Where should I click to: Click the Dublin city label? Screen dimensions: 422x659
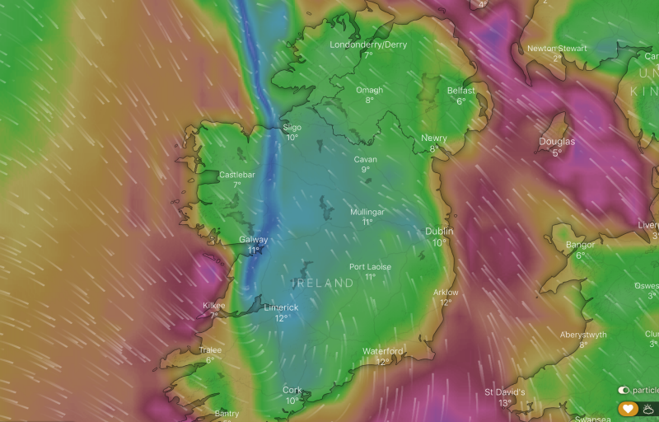439,232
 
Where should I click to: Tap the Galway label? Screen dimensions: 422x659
253,240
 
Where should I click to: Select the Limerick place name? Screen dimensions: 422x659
281,307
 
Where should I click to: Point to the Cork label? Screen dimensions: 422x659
292,390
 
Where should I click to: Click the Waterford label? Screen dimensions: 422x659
383,351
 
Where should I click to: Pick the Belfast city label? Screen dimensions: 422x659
460,90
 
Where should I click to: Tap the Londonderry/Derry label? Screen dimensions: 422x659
368,45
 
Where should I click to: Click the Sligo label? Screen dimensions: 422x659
292,127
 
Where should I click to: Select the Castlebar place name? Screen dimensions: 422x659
237,175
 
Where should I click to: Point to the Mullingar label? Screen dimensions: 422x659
367,212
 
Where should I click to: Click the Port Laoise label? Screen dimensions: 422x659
370,267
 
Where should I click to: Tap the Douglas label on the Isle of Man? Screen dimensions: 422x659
557,142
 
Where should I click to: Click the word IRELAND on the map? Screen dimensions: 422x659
324,283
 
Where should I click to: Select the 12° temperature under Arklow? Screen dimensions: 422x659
446,302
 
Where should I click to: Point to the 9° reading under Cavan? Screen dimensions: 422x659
366,170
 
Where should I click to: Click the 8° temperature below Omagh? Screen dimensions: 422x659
369,101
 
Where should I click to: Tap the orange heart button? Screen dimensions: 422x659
628,408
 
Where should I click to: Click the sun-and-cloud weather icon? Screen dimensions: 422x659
649,408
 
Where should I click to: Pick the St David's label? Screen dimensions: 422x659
504,392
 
